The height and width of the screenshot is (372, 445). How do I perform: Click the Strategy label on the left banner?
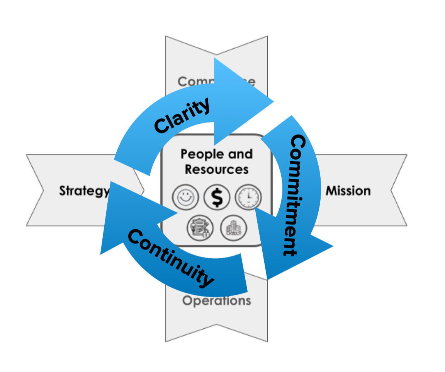point(84,191)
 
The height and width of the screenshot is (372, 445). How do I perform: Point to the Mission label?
point(348,191)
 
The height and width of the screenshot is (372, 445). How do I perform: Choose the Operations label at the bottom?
point(216,300)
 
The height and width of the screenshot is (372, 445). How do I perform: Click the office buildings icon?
point(233,228)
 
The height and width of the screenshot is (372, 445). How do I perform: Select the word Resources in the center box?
point(216,169)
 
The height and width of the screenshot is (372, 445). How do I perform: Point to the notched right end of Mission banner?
point(394,190)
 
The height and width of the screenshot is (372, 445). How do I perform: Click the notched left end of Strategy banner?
point(39,190)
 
